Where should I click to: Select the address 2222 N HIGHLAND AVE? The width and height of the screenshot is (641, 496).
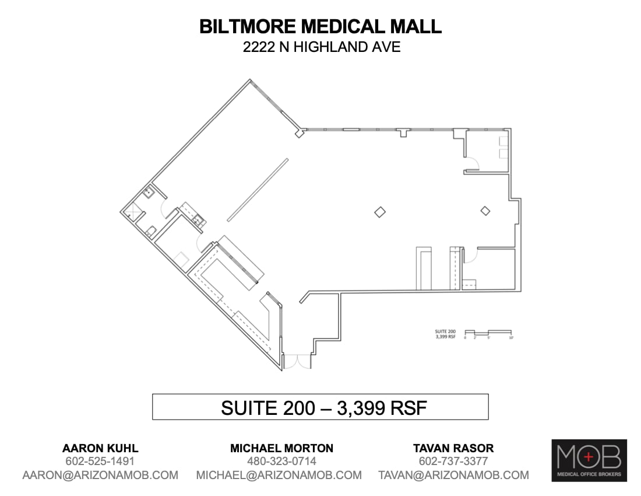coord(322,47)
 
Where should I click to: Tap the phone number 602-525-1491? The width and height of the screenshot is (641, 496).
coord(100,462)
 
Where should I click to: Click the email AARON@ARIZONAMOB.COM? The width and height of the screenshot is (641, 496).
coord(100,475)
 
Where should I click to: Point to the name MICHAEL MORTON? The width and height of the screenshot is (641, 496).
coord(281,448)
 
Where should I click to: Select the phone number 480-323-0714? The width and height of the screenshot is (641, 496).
coord(281,462)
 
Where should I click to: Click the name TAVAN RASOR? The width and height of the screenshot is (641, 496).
coord(453,448)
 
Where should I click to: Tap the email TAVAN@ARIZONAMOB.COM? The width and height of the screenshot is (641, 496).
coord(453,475)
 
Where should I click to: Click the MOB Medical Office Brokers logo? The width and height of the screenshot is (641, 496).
coord(589,460)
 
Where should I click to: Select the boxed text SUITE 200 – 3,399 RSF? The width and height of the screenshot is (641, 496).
coord(320,407)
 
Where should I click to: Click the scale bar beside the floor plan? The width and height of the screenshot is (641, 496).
coord(488,332)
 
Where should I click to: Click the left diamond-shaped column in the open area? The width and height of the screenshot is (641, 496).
coord(380,212)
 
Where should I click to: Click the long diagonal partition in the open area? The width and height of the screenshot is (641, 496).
coord(257,190)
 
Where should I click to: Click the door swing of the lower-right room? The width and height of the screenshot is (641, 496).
coord(471,255)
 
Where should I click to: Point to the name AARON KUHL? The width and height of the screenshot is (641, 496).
coord(100,448)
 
